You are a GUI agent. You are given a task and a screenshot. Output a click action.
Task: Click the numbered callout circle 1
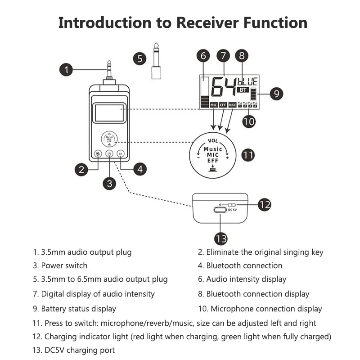66,69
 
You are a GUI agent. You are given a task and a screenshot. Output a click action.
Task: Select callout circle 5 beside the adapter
140,58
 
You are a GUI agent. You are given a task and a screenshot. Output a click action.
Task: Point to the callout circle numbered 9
276,94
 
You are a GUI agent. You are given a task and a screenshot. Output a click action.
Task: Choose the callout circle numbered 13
220,238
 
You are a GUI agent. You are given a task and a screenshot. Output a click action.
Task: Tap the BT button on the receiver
121,153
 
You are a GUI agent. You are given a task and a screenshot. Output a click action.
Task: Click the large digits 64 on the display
224,87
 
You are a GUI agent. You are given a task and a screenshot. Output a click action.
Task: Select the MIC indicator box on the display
214,105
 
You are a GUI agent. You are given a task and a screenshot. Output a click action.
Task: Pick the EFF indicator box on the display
223,105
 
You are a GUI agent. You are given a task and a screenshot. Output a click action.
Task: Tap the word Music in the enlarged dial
213,149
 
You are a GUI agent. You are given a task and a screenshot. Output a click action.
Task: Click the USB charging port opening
220,209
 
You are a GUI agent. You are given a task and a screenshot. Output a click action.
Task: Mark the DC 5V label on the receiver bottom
232,210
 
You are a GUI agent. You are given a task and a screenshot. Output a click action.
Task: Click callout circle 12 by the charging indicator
264,204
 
